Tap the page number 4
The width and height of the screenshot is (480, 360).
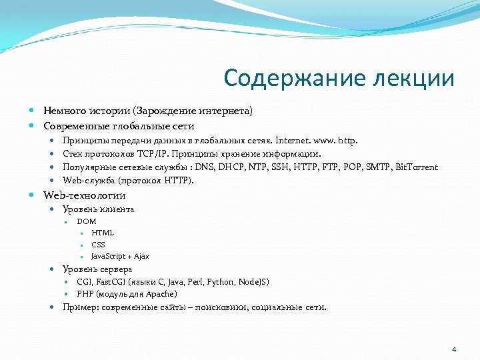tap(454, 349)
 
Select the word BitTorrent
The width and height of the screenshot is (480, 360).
tap(417, 167)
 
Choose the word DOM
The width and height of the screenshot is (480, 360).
tap(87, 221)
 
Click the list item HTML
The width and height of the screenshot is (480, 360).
tap(103, 233)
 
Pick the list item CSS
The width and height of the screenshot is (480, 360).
tap(98, 244)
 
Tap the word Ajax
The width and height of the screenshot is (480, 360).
tap(141, 256)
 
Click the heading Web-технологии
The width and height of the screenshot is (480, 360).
tap(85, 195)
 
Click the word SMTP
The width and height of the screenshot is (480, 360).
tap(379, 167)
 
